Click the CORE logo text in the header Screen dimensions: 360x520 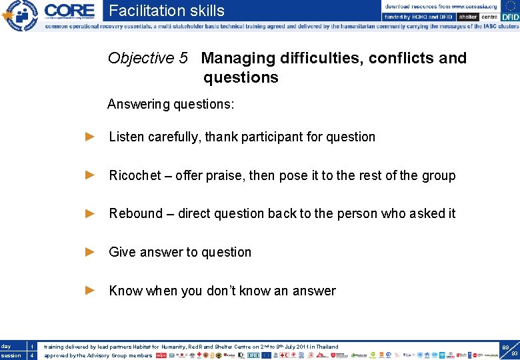coord(69,11)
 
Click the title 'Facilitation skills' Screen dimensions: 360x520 coord(167,11)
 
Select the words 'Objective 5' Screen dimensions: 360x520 coord(147,58)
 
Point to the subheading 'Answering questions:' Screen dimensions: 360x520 coord(171,104)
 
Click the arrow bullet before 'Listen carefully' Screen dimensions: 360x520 coord(91,137)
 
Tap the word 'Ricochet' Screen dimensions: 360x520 coord(135,175)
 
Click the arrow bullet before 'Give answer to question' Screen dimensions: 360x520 coord(91,252)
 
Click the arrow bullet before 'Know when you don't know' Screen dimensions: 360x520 coord(91,291)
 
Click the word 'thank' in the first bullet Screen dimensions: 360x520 coord(222,137)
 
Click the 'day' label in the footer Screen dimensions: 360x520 coord(6,347)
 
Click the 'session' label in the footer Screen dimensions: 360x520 coord(11,355)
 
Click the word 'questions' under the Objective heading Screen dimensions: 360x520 coord(241,77)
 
